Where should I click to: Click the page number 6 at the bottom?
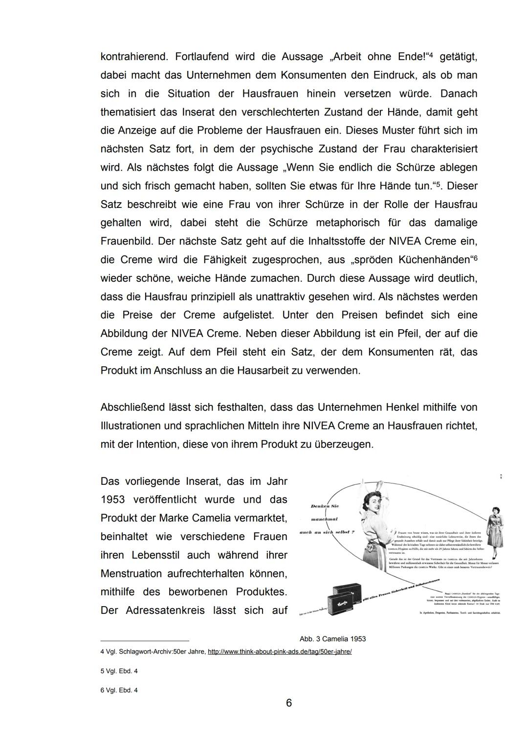[x=288, y=703]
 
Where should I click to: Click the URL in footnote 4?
[x=280, y=652]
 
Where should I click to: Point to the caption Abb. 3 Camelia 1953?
[x=332, y=639]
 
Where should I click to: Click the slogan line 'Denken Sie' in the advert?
[x=325, y=506]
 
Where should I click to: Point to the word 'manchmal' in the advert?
[x=325, y=519]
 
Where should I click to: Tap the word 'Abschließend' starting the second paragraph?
[x=132, y=407]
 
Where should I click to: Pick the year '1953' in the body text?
[x=112, y=500]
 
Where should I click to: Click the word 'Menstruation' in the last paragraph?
[x=131, y=574]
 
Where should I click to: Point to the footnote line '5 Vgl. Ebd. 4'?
[x=119, y=671]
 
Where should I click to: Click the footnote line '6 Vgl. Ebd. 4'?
[x=119, y=690]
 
